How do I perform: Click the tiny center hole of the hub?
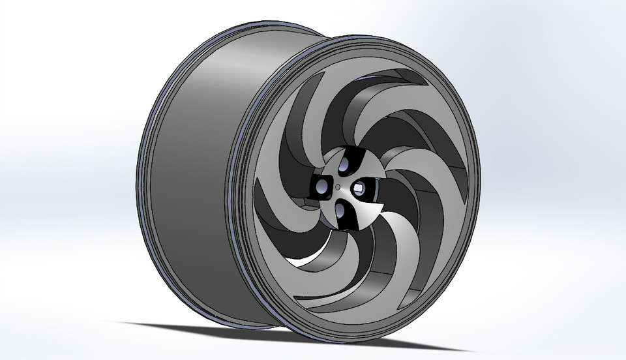pyautogui.click(x=336, y=186)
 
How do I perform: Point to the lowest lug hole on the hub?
pyautogui.click(x=342, y=209)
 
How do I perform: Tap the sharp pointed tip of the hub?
pyautogui.click(x=381, y=213)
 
